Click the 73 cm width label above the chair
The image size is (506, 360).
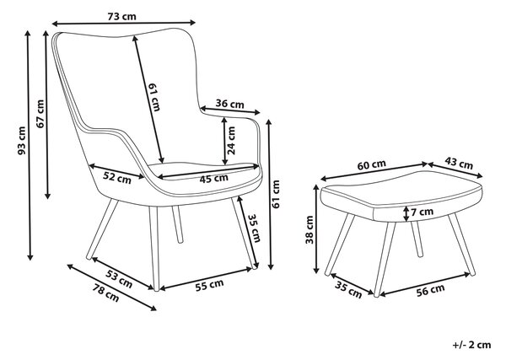(x=121, y=16)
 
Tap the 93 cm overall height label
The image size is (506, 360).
(x=22, y=140)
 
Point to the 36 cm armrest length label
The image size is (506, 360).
(x=229, y=104)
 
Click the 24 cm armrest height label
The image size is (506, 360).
(x=231, y=140)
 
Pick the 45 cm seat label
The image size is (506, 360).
(x=213, y=179)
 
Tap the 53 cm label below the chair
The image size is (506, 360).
(x=119, y=278)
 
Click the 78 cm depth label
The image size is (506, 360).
(x=106, y=293)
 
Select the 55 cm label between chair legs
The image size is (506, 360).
(x=209, y=285)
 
